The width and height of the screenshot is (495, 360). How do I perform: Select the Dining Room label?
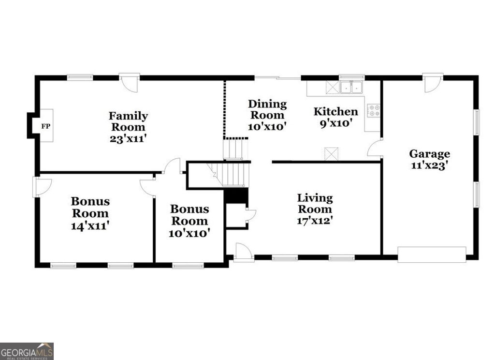point(267,110)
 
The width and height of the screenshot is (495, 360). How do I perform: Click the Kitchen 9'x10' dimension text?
point(336,123)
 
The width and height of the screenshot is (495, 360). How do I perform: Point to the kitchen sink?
point(351,87)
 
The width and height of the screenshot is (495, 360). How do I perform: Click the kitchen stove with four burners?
point(374,110)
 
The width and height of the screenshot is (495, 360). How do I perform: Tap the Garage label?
point(429,154)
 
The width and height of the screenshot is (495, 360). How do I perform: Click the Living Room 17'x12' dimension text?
point(315,220)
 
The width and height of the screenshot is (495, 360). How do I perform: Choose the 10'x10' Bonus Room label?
point(189,221)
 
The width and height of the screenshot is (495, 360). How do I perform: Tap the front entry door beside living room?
point(243,252)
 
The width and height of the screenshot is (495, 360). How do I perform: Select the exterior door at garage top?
point(433,83)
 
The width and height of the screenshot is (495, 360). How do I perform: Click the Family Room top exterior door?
point(130,83)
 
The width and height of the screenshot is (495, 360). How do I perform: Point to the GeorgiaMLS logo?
point(27,351)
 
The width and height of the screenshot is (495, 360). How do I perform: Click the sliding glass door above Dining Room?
point(277,77)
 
